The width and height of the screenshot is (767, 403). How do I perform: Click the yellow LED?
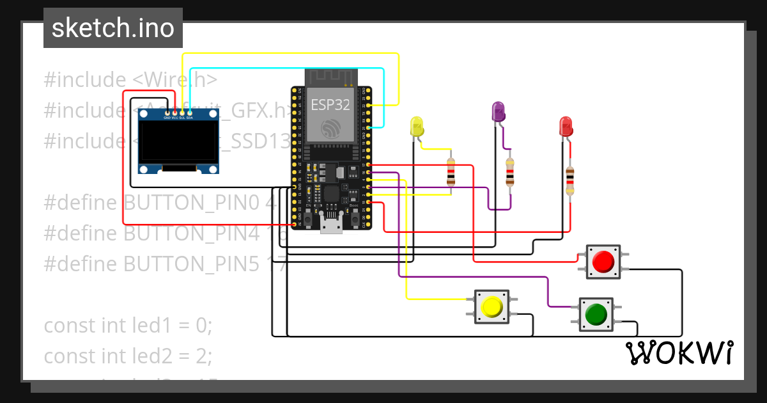point(417,126)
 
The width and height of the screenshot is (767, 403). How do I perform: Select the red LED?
point(566,125)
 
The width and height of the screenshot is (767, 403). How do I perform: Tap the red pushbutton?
point(603,262)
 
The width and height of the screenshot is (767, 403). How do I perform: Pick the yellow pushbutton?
point(492,307)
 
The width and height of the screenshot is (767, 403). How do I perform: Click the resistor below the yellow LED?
point(451,171)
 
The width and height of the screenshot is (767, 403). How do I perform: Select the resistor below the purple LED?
point(509,171)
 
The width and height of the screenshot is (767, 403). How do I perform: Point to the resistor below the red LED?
point(569,180)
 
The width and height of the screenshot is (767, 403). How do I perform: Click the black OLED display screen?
point(179,143)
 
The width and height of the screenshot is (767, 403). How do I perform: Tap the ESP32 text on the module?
point(330,104)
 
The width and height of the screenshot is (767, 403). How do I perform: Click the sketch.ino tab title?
point(112,28)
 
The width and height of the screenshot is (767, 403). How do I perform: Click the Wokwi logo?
point(679,353)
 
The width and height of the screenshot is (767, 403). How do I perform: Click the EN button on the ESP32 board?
point(308,219)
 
